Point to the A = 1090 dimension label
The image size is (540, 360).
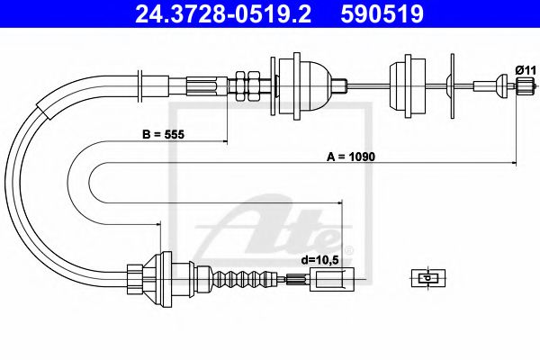[350, 156]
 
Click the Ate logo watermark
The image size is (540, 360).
[270, 229]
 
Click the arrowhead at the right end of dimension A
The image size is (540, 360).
[515, 162]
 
